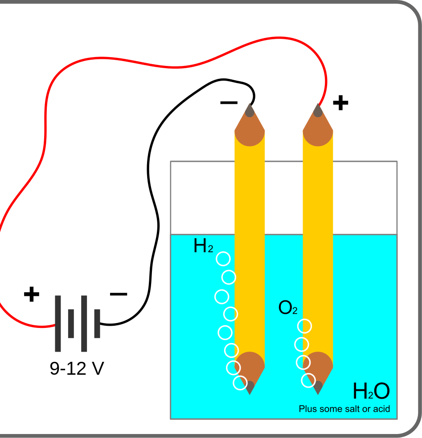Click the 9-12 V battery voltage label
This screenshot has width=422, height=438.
pyautogui.click(x=77, y=369)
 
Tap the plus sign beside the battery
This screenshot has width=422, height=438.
pyautogui.click(x=31, y=295)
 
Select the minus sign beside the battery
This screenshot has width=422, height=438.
pyautogui.click(x=118, y=294)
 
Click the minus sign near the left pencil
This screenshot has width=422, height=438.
pyautogui.click(x=229, y=103)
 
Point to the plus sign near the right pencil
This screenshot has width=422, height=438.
pyautogui.click(x=340, y=103)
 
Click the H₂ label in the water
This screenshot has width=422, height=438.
pyautogui.click(x=203, y=246)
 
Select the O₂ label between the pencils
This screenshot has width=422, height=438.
pyautogui.click(x=287, y=308)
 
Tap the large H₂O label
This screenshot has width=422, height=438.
pyautogui.click(x=371, y=392)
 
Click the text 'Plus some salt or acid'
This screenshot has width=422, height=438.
pyautogui.click(x=344, y=409)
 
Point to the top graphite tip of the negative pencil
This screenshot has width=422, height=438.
pyautogui.click(x=250, y=110)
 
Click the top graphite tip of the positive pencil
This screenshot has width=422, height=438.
pyautogui.click(x=318, y=110)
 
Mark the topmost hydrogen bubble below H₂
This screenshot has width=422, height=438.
pyautogui.click(x=223, y=258)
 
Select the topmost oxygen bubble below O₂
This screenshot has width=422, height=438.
pyautogui.click(x=304, y=327)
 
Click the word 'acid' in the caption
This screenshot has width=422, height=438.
pyautogui.click(x=382, y=409)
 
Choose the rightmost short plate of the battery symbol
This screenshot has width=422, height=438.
pyautogui.click(x=97, y=323)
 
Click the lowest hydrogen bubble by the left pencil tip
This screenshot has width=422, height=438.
pyautogui.click(x=240, y=383)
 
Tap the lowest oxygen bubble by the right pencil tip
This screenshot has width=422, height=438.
pyautogui.click(x=308, y=381)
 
